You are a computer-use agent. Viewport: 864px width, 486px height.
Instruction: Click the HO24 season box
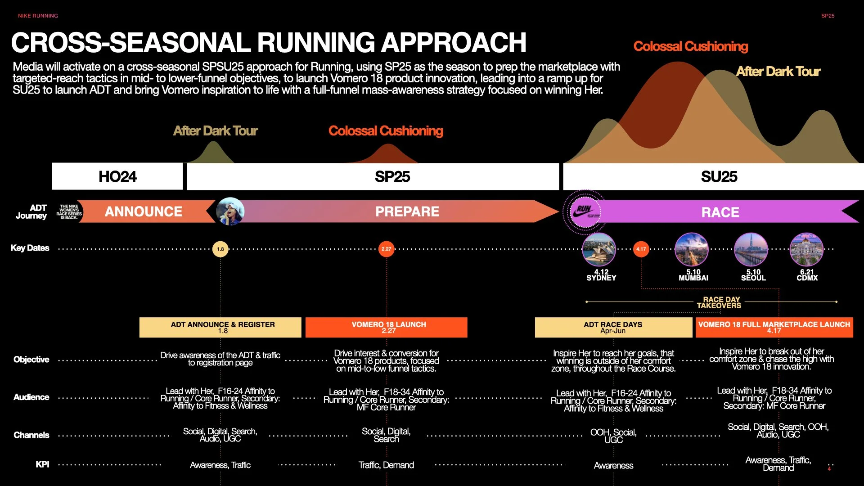(117, 176)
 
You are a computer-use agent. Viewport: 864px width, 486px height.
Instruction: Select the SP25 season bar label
(392, 176)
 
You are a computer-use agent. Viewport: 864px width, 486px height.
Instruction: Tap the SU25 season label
(719, 176)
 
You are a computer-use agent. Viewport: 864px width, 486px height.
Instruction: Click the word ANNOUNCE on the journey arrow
(143, 211)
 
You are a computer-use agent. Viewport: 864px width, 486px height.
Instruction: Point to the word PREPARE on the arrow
(407, 211)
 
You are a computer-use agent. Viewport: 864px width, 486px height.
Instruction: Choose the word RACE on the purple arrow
(720, 212)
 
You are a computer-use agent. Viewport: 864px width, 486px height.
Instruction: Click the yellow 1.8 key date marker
(220, 249)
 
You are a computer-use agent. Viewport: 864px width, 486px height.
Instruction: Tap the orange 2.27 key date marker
(387, 249)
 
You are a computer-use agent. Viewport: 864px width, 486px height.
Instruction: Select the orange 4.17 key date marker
(641, 249)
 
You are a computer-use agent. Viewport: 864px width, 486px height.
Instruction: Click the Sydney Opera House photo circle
(599, 249)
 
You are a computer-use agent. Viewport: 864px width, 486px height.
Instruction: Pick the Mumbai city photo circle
(692, 249)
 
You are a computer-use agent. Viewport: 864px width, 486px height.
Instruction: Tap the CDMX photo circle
(806, 249)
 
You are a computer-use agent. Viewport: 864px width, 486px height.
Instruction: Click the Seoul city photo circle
(751, 249)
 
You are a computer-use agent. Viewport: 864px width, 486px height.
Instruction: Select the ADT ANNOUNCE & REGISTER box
(220, 327)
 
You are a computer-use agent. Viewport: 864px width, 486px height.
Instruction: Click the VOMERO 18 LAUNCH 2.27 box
(387, 327)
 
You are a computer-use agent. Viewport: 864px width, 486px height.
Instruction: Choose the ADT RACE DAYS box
(613, 327)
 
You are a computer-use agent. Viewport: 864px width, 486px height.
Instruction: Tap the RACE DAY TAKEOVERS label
(719, 302)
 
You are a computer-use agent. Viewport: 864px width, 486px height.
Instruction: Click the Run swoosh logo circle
(585, 211)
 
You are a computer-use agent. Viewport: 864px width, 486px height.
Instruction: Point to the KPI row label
(42, 464)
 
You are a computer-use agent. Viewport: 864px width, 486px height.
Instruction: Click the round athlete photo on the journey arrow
(230, 211)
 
